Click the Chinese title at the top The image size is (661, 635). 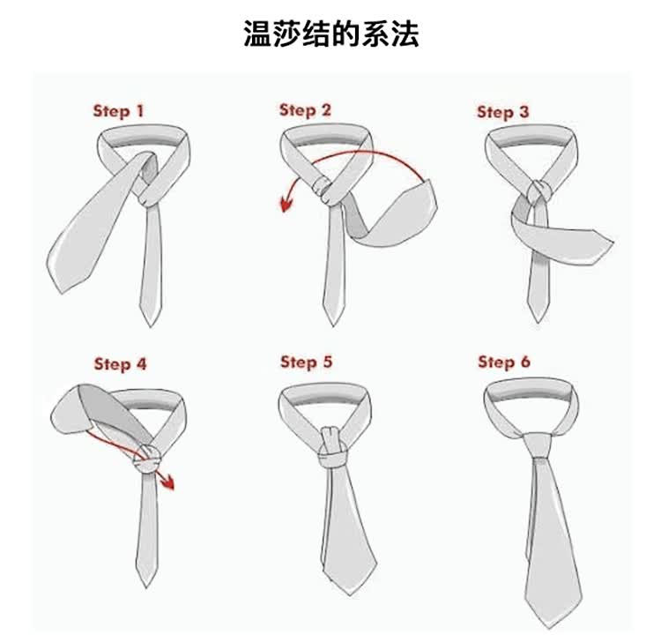pos(331,34)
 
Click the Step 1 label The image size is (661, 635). pos(118,111)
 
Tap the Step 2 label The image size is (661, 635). pos(305,110)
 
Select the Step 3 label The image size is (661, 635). pos(502,112)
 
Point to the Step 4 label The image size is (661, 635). pos(120,363)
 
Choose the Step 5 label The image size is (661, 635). pos(307,362)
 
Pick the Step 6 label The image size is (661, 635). pos(504,362)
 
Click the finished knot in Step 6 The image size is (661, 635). pos(537,445)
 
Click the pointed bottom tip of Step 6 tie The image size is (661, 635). pos(547,626)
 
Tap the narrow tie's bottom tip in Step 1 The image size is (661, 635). pos(151,325)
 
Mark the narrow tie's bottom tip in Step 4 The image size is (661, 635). pos(146,586)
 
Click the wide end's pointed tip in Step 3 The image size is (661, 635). pos(613,243)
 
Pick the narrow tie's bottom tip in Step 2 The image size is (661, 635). pos(333,325)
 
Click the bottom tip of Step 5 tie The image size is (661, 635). pos(350,594)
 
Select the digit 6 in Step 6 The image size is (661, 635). pos(525,362)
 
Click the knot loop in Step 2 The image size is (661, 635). pos(323,188)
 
